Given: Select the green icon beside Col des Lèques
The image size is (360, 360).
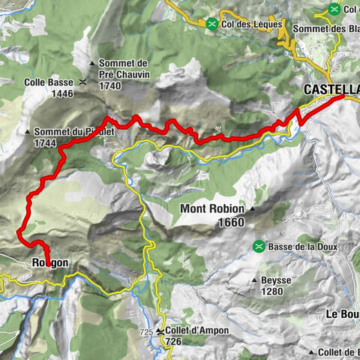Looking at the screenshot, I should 214,24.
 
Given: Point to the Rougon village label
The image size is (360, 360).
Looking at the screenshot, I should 50,263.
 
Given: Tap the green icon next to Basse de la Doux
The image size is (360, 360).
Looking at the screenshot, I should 259,246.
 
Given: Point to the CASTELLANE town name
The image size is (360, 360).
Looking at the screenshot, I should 331,89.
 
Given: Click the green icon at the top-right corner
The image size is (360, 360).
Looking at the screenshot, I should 333,9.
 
